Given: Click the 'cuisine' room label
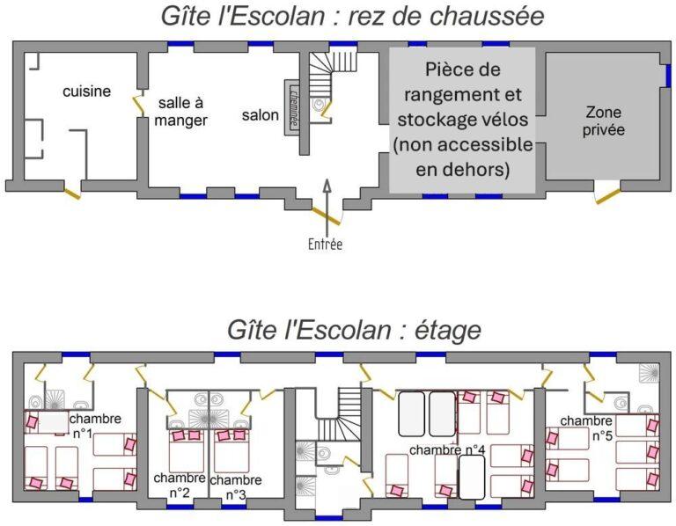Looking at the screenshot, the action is click(x=86, y=91).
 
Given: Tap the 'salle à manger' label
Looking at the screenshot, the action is click(x=180, y=112).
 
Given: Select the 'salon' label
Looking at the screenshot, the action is click(x=260, y=115).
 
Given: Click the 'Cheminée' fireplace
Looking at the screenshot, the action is click(x=292, y=107).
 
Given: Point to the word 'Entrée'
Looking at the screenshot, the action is click(x=325, y=245).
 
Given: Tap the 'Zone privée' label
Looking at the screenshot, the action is click(x=604, y=121).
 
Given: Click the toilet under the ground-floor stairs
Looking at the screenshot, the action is click(x=319, y=105).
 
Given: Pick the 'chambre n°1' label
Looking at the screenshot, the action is click(x=95, y=426).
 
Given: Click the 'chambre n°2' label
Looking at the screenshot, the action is click(x=180, y=485).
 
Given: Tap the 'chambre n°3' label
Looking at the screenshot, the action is click(x=236, y=486).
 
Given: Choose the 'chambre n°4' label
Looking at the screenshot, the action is click(x=447, y=450).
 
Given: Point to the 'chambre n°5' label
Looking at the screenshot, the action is click(x=586, y=427).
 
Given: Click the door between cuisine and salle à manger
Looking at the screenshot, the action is click(x=139, y=105).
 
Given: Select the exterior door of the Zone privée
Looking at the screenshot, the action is click(x=608, y=196).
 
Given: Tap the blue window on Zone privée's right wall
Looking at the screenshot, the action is click(x=668, y=77).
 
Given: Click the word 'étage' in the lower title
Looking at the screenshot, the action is click(x=447, y=331).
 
